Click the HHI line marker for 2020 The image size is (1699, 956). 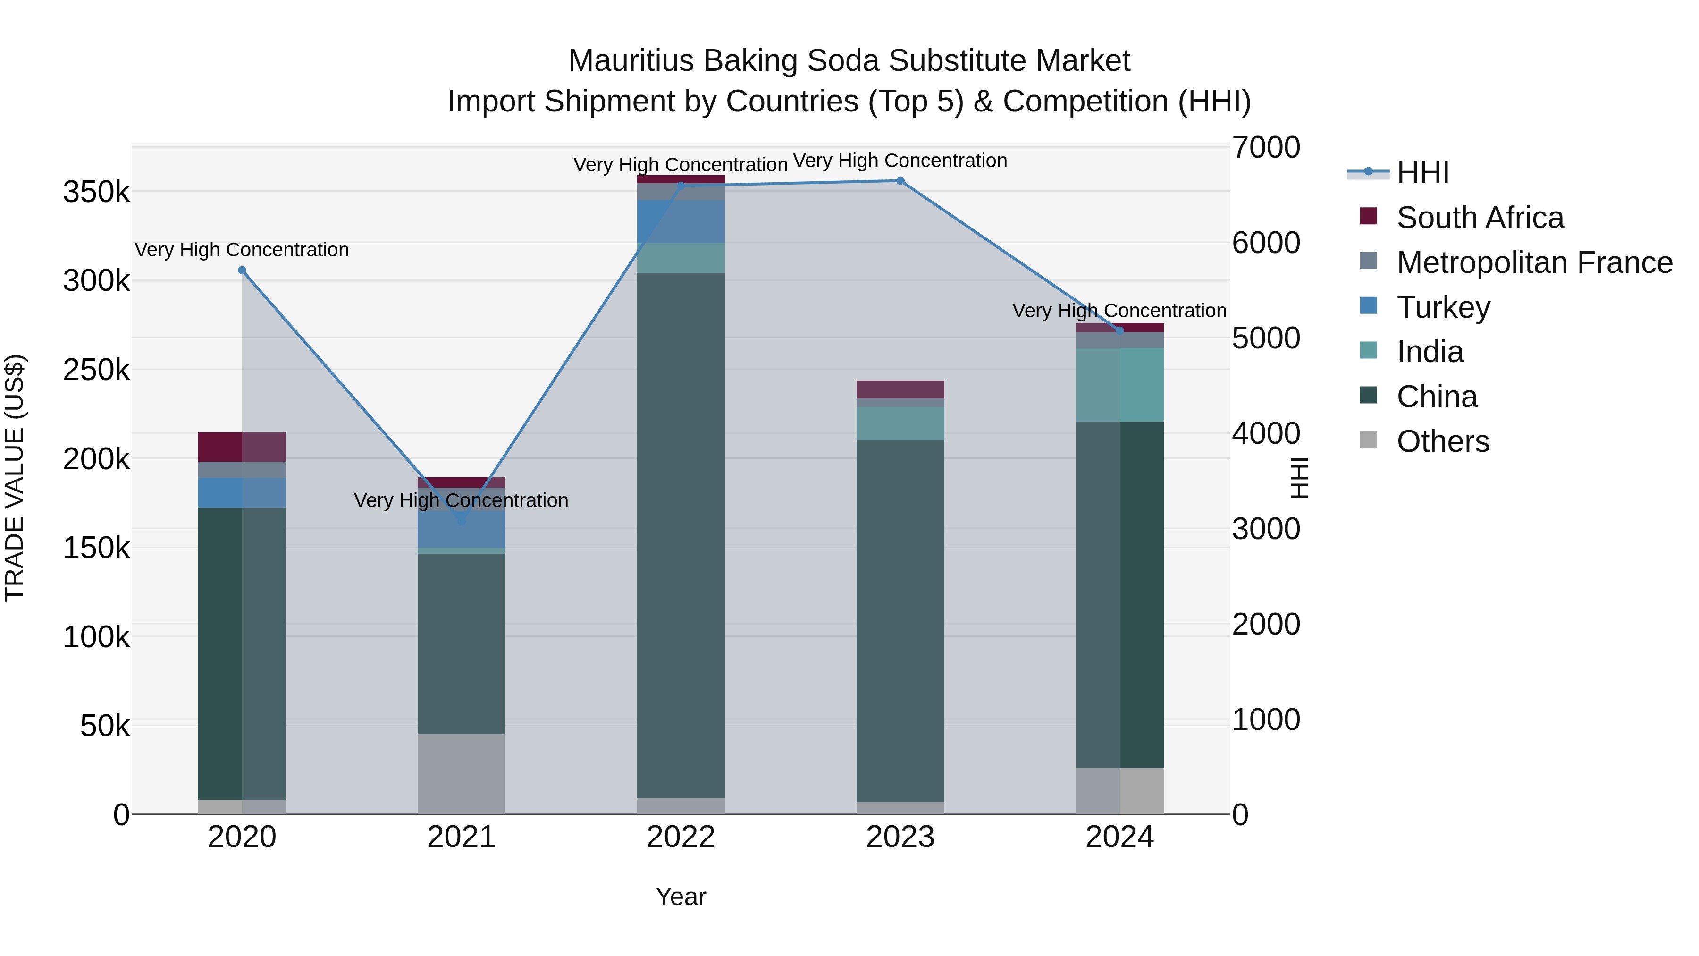(x=242, y=271)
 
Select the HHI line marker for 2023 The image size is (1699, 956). (x=900, y=181)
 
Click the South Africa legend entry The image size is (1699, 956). (x=1480, y=218)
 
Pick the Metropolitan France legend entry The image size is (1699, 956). (x=1534, y=262)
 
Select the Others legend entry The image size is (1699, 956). (x=1442, y=441)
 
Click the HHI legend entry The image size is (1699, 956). (x=1422, y=173)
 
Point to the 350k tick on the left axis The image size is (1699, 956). (x=96, y=193)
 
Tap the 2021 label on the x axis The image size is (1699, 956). (x=461, y=837)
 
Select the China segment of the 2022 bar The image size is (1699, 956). (x=681, y=534)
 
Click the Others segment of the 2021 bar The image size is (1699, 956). (x=461, y=773)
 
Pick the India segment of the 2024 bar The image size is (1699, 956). (x=1119, y=385)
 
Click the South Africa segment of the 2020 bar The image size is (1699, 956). (x=242, y=447)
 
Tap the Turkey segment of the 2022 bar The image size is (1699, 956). (x=681, y=222)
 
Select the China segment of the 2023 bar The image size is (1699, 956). (x=900, y=620)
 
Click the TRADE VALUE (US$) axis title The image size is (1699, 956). (x=15, y=478)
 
